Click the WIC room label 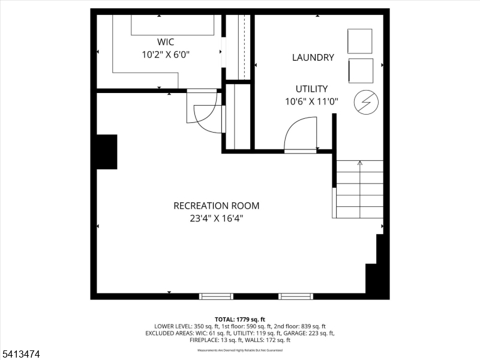(166, 42)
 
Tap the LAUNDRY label (313, 58)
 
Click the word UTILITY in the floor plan (311, 89)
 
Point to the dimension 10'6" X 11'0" (311, 101)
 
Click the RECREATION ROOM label (216, 206)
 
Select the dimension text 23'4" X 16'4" (216, 218)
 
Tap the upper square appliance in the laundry (360, 41)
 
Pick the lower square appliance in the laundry (360, 70)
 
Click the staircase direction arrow (360, 163)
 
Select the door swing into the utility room (300, 135)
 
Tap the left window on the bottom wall (216, 296)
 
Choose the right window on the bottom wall (295, 296)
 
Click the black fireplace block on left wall (107, 152)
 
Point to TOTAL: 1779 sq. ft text (240, 319)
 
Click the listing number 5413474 (20, 355)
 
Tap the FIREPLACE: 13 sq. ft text (215, 340)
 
